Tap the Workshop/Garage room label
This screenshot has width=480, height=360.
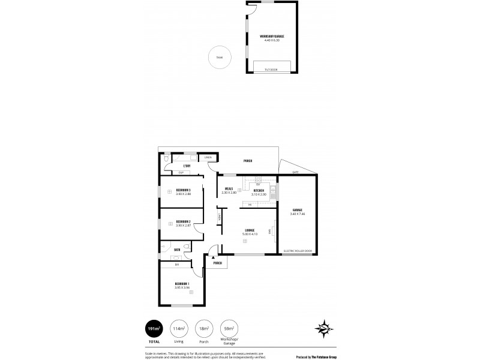272,36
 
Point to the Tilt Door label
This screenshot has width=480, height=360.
271,70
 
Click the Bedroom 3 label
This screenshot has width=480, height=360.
183,190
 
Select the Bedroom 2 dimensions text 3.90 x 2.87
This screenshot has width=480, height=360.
183,226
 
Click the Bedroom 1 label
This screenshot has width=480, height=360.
182,283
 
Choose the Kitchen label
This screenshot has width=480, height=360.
259,190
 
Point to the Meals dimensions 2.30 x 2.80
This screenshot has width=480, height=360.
229,193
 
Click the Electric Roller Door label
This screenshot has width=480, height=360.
298,251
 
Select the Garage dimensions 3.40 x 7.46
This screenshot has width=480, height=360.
298,214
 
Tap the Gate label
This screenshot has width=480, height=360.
295,172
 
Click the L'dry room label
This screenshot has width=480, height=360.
187,165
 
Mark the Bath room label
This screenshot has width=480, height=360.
177,250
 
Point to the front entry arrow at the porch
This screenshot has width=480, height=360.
214,257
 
